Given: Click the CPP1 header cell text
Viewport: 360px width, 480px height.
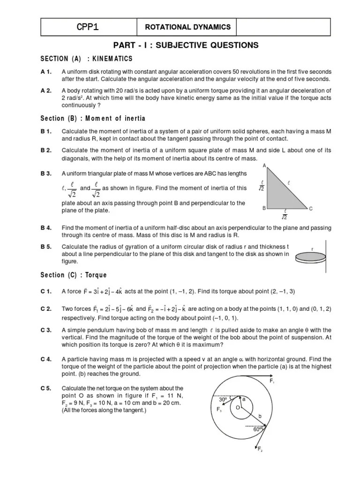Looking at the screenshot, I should point(88,27).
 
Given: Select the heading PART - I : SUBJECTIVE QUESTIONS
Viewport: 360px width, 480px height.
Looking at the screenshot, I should point(186,45).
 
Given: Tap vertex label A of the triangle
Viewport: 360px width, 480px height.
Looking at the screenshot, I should point(264,166).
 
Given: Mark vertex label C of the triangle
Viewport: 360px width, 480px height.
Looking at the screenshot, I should point(310,209).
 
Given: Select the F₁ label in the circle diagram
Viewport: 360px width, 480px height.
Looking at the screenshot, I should point(273,381).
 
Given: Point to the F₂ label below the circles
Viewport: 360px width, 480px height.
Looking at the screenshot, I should point(260,450).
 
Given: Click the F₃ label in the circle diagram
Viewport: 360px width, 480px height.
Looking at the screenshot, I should point(218,409).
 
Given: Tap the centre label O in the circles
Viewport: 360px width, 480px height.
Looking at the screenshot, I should point(237,408).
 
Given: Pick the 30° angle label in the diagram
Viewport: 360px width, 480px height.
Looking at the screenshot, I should point(223,400).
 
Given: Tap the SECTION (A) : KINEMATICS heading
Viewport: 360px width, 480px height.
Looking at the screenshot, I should point(86,59).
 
